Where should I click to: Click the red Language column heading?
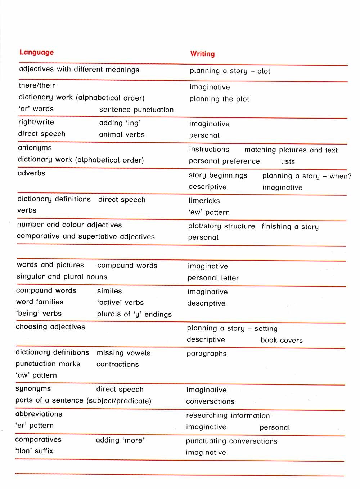click(x=36, y=52)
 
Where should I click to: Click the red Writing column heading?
click(x=202, y=54)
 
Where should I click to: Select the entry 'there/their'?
click(x=37, y=85)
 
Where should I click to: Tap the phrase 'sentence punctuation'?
click(x=136, y=110)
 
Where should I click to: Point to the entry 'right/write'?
click(x=36, y=122)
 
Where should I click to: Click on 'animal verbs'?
click(x=122, y=134)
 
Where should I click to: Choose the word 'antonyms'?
click(x=35, y=148)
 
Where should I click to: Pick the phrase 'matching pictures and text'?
click(x=291, y=150)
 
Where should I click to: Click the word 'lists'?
click(x=288, y=161)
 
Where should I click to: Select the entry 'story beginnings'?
click(x=218, y=175)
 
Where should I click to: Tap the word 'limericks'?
click(x=204, y=201)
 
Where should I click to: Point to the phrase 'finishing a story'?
click(x=290, y=227)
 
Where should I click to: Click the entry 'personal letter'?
click(x=213, y=278)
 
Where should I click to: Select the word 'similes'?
click(x=109, y=291)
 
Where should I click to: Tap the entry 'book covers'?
click(x=282, y=340)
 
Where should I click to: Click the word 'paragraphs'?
click(x=207, y=354)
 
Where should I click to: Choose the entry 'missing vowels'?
click(x=123, y=353)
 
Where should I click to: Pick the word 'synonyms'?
click(x=33, y=389)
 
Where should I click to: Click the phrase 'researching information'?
click(x=228, y=415)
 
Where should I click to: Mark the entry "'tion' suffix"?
click(x=34, y=451)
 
